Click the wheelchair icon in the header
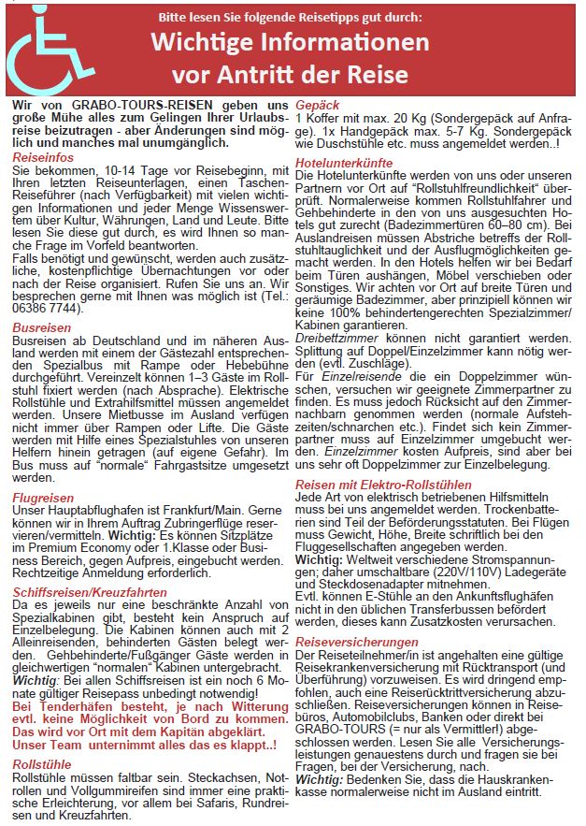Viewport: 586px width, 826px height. [48, 48]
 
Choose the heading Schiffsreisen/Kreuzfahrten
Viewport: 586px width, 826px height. [92, 592]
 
